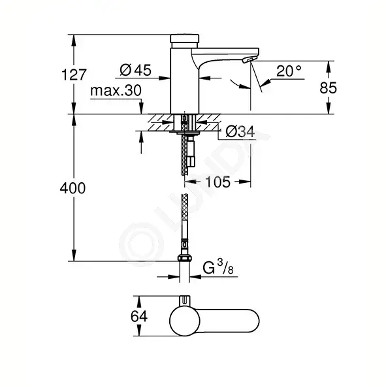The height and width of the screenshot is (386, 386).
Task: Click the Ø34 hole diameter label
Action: coord(239,133)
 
